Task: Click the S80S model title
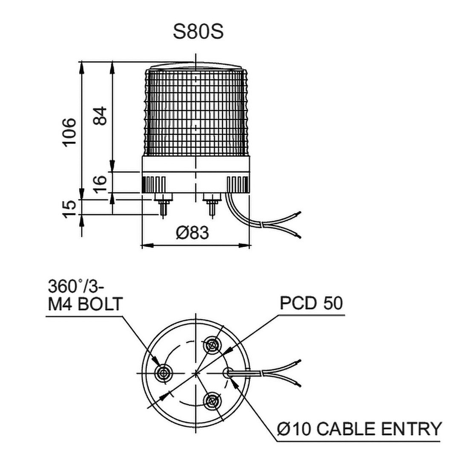pos(198,32)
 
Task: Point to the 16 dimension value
pos(101,183)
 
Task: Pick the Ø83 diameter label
pos(193,233)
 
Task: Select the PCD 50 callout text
pos(311,302)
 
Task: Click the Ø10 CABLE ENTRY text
pos(359,428)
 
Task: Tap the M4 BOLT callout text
pos(85,304)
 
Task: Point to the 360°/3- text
pos(76,287)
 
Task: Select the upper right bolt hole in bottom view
pos(211,346)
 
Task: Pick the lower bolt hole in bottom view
pos(211,400)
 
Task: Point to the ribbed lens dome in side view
pos(196,111)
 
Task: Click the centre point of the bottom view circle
pos(196,373)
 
